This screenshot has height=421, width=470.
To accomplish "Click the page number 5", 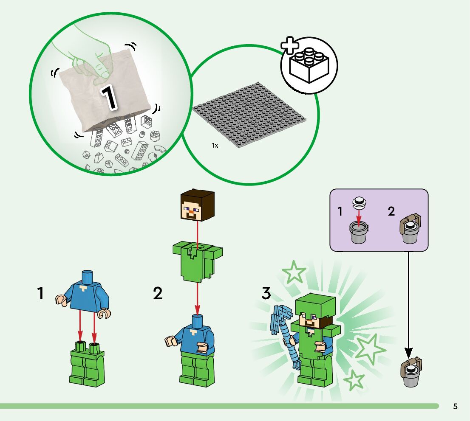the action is click(x=456, y=407).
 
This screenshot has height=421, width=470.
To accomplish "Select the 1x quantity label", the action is click(x=215, y=145).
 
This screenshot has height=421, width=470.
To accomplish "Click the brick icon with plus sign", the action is click(x=309, y=65).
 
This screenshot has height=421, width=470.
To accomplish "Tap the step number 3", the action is click(x=266, y=293).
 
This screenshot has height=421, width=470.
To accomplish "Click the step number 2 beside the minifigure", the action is click(x=158, y=293).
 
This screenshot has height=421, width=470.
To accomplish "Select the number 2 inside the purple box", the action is click(x=391, y=211).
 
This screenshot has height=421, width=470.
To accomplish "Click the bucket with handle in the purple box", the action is click(x=411, y=229).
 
